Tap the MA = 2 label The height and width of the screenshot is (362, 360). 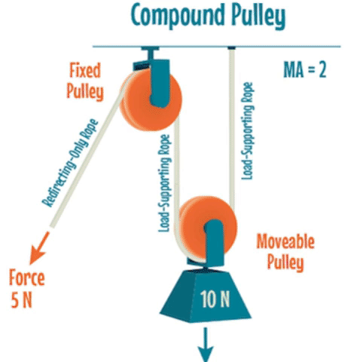point(305,69)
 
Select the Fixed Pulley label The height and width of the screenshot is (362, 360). point(85,81)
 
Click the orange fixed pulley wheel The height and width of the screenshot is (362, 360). point(151,100)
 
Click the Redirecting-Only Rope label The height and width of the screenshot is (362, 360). point(70,163)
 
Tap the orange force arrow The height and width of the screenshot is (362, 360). point(39,248)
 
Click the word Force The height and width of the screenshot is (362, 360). point(27,278)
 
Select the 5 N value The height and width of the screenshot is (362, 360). point(22,300)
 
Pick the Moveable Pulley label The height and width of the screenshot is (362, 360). point(285,252)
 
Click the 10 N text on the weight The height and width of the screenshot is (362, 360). point(215,299)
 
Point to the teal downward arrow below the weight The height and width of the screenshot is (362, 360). point(206,344)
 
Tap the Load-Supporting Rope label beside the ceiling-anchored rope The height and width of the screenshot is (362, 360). point(247,131)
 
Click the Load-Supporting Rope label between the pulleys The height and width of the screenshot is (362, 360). point(165,183)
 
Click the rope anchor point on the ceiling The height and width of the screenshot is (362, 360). point(231,48)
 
